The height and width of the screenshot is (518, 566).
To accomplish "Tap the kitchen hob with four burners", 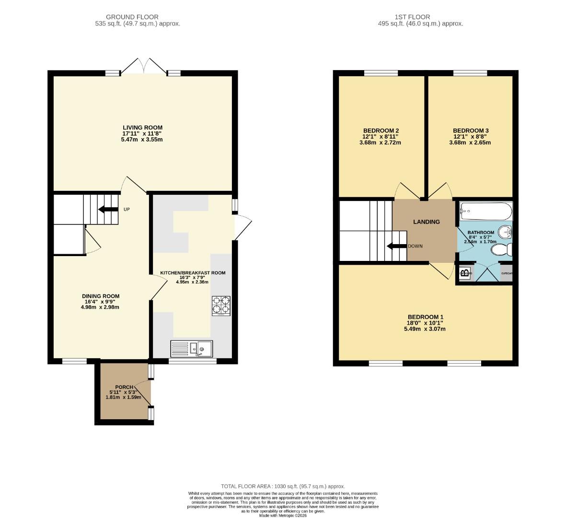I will click(220, 306).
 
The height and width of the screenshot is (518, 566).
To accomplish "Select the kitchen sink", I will click(201, 349).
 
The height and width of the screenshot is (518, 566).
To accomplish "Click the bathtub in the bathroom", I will click(485, 211).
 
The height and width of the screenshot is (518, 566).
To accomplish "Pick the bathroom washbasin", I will click(505, 233).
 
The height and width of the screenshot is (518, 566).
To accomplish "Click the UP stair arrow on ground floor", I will click(108, 209).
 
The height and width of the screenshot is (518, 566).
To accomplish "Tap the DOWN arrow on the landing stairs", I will click(397, 247).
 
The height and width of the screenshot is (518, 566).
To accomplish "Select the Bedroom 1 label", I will click(425, 317).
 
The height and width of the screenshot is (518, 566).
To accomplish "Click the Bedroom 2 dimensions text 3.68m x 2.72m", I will click(381, 142).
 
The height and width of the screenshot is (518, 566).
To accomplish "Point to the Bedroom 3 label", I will click(471, 130).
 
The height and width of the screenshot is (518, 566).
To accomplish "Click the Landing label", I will click(427, 222).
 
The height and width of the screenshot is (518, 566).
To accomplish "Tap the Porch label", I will click(124, 387).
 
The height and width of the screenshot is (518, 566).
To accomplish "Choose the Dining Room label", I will click(100, 296).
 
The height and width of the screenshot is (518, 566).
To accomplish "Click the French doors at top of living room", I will click(144, 66).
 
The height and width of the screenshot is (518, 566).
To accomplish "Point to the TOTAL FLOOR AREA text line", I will click(283, 486).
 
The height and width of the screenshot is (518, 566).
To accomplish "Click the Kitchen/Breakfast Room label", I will click(192, 273).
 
